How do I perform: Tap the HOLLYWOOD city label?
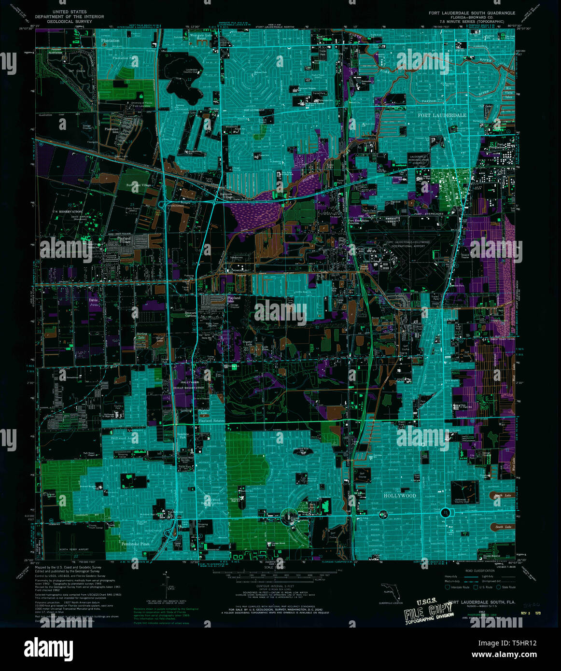399,496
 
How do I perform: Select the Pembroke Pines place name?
135,544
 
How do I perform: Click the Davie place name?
93,300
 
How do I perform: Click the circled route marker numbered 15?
445,513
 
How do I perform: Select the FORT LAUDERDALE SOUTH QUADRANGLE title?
472,13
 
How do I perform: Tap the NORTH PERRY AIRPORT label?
74,549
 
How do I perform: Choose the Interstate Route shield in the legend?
447,587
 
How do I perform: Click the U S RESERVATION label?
68,212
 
